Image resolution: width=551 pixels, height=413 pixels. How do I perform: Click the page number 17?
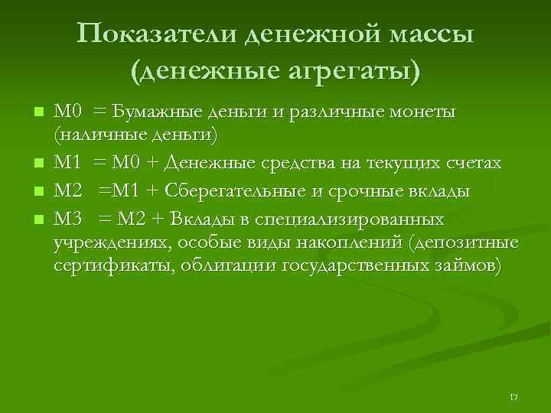click(514, 397)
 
